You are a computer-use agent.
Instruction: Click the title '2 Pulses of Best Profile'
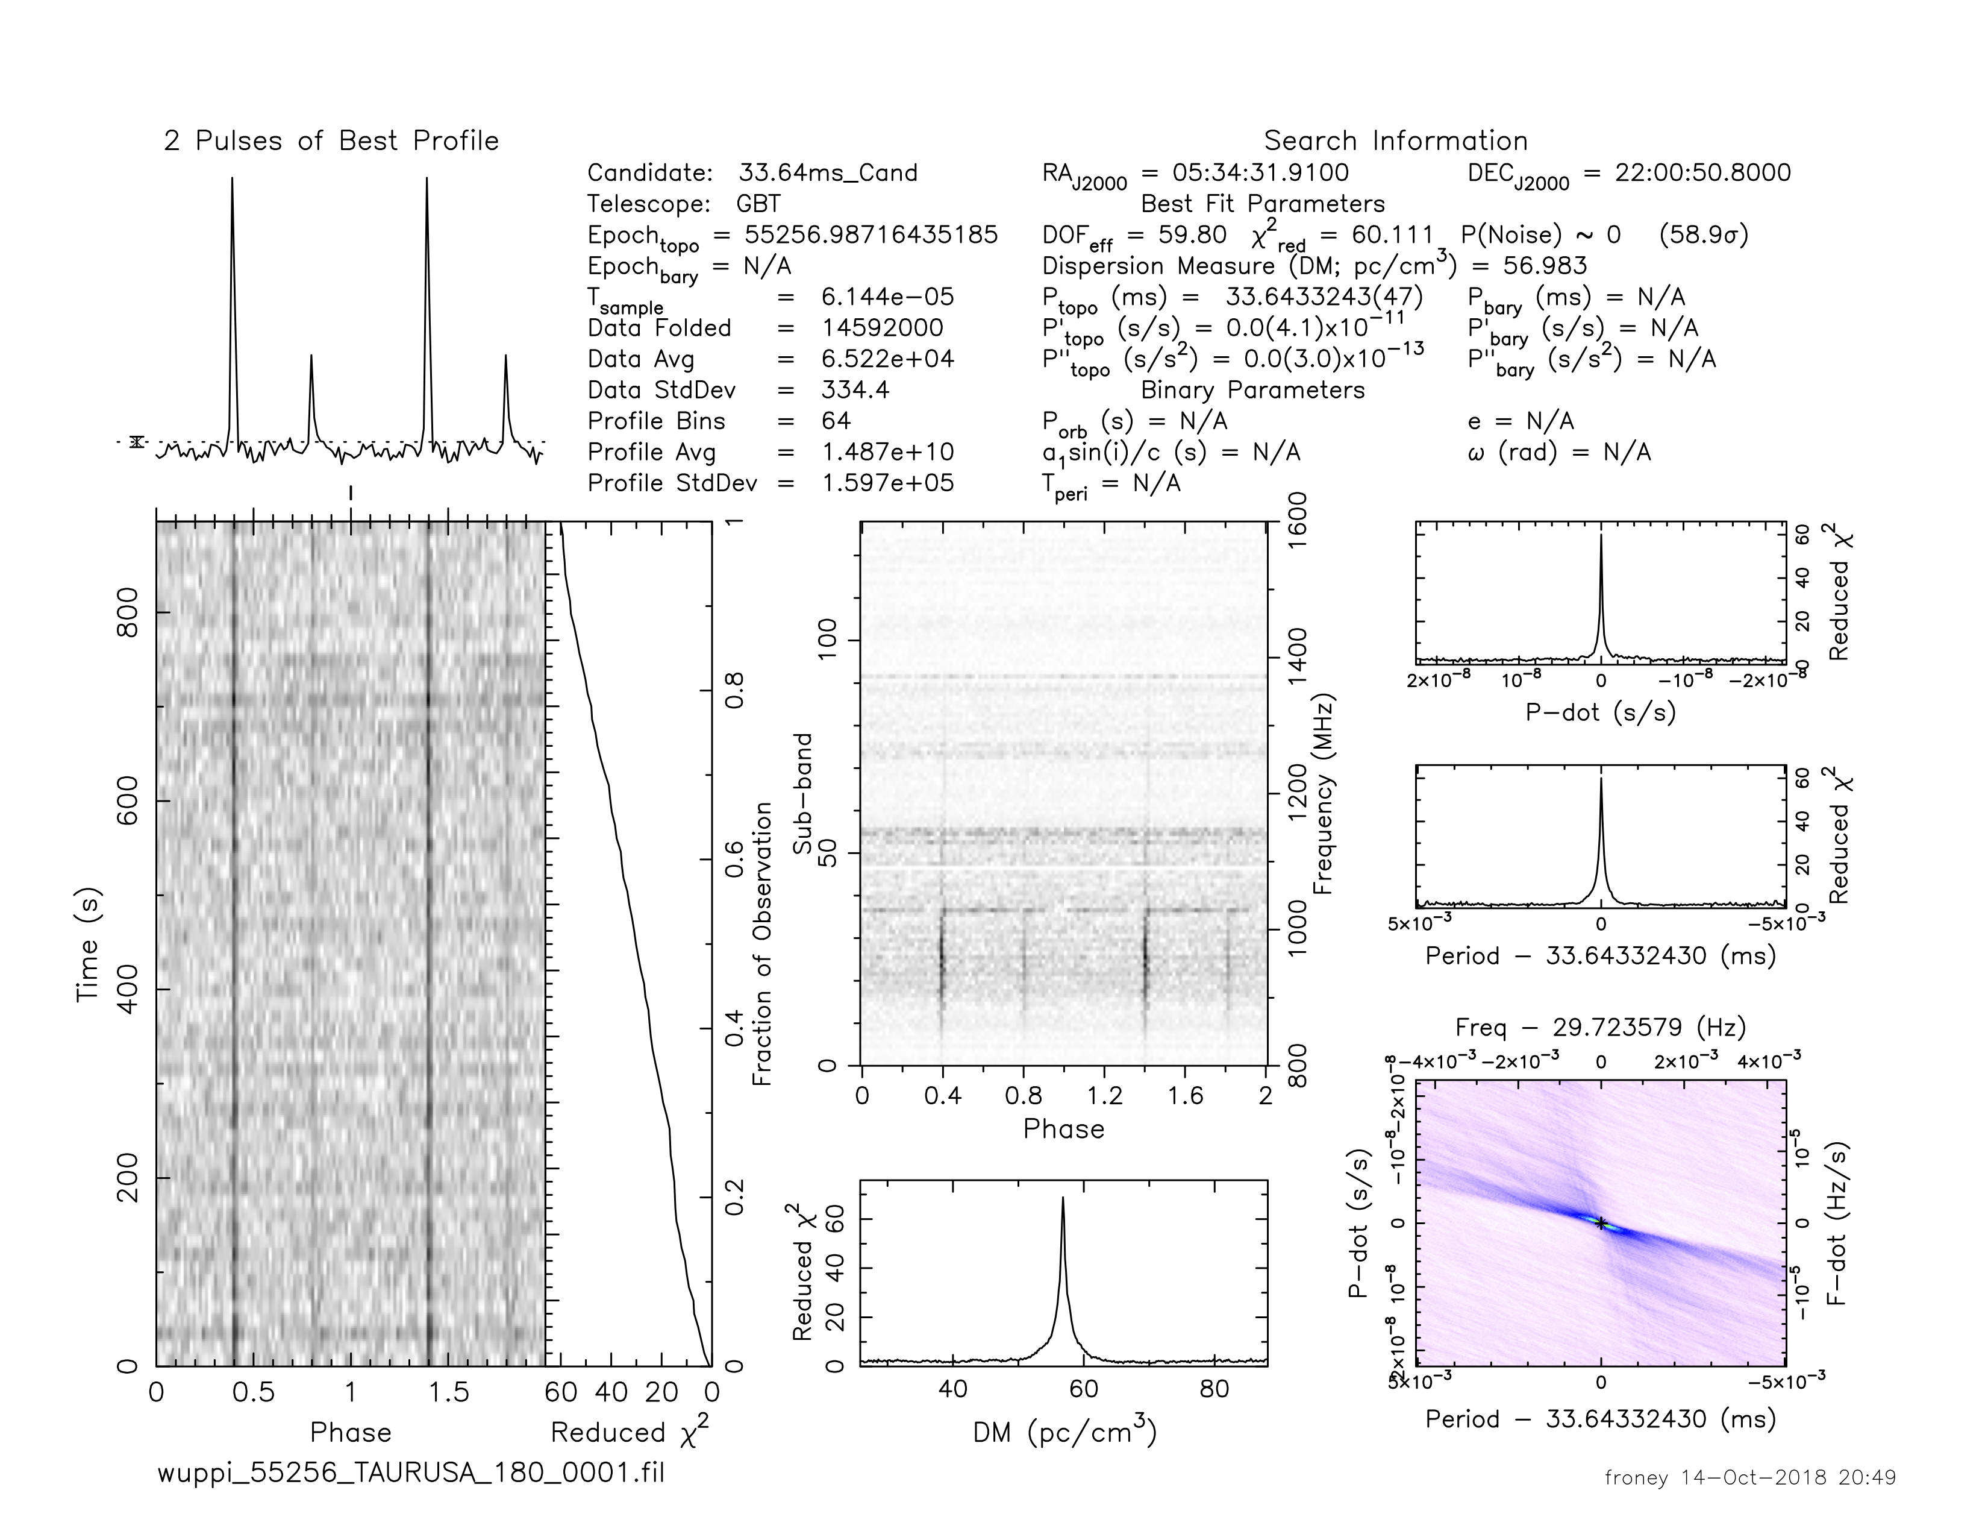tap(331, 141)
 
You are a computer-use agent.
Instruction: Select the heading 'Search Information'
tap(1395, 141)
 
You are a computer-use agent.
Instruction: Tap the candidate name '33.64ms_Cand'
tap(827, 173)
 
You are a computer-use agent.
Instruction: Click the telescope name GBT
tap(758, 204)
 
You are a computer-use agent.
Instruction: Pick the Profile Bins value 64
tap(836, 421)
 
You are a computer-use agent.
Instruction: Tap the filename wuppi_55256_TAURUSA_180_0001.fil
tap(410, 1473)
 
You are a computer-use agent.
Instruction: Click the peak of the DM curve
tap(1062, 1198)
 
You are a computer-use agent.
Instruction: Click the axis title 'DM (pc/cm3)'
tap(1064, 1433)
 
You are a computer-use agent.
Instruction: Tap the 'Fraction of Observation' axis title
tap(763, 943)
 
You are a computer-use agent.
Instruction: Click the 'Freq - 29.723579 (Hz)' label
tap(1600, 1028)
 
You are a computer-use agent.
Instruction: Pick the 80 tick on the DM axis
tap(1214, 1389)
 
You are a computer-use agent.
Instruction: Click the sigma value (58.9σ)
tap(1703, 235)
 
